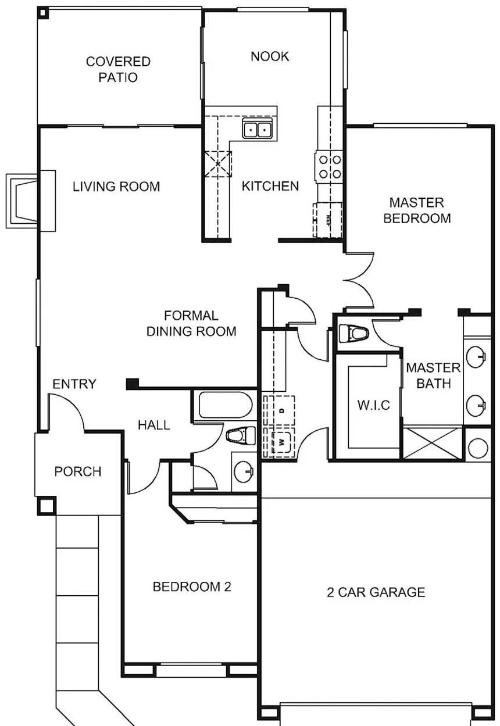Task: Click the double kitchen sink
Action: pos(258,128)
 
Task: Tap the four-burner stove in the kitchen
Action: pos(328,167)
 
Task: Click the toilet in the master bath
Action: pos(353,333)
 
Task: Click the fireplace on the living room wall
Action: pos(30,201)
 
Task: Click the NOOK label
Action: pos(270,56)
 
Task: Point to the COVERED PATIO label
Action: pos(118,69)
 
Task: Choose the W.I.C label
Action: pos(373,405)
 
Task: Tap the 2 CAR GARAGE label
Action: pos(376,592)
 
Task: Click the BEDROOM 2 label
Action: pos(192,586)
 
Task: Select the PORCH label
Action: pos(78,471)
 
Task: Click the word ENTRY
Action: pos(74,384)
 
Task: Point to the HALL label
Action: pos(153,425)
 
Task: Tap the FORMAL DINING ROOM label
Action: pos(191,323)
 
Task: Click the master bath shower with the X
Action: pos(433,443)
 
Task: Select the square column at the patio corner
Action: pos(43,13)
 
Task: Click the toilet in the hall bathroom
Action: pos(240,435)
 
